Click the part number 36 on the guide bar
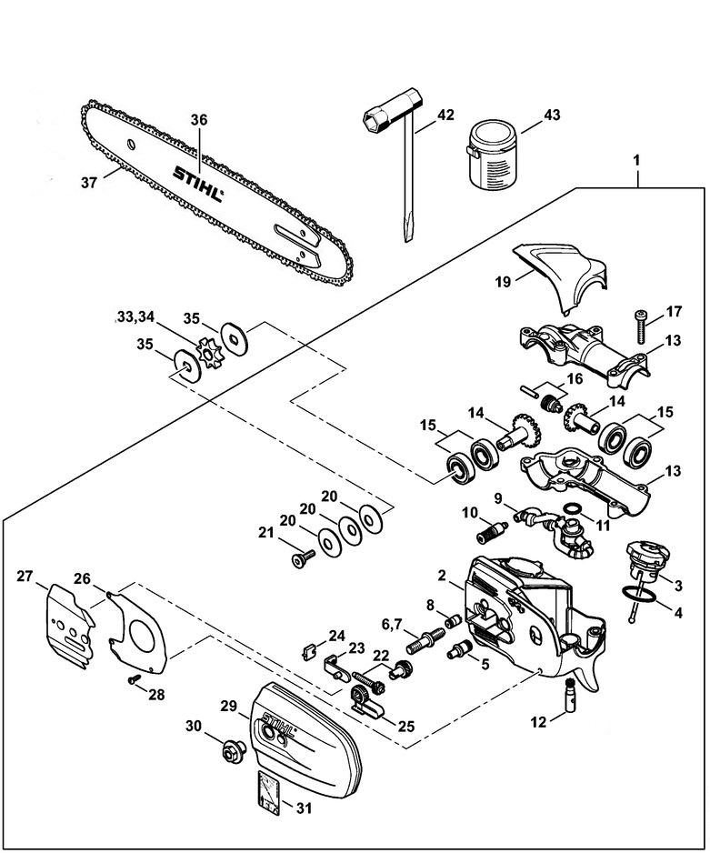200,119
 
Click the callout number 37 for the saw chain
88,182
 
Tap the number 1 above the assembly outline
637,160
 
